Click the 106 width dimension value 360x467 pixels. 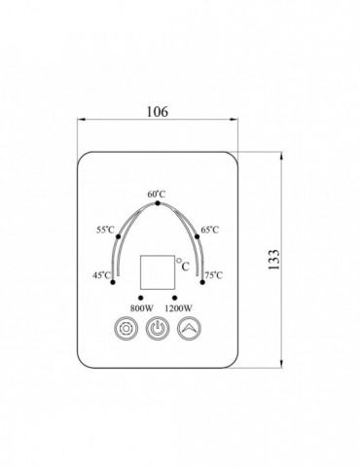pyautogui.click(x=158, y=112)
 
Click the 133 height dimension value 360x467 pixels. pyautogui.click(x=273, y=260)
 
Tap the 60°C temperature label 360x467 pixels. pyautogui.click(x=157, y=195)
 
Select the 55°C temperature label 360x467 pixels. pyautogui.click(x=105, y=230)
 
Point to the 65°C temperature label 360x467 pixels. pyautogui.click(x=210, y=230)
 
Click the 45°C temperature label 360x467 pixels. pyautogui.click(x=102, y=275)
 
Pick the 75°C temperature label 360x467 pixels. pyautogui.click(x=214, y=275)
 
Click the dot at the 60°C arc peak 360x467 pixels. pyautogui.click(x=158, y=203)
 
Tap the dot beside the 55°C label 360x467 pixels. pyautogui.click(x=119, y=236)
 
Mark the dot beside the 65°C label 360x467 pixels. pyautogui.click(x=197, y=236)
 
